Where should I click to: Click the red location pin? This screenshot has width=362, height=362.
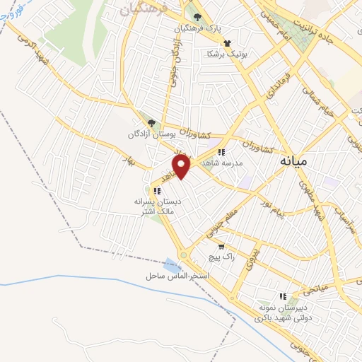(x=182, y=168)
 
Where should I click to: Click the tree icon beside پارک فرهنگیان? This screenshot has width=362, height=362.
(x=197, y=18)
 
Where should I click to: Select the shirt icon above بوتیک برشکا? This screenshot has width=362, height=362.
(x=227, y=43)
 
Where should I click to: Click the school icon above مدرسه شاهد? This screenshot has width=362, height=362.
(x=221, y=152)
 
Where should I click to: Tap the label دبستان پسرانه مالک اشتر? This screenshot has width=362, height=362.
(x=158, y=205)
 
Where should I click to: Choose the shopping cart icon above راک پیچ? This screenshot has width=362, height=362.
(x=221, y=247)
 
